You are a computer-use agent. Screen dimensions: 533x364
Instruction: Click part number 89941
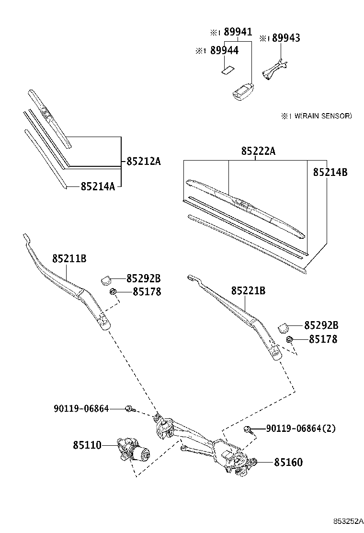[238, 32]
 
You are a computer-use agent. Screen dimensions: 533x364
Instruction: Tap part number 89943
[286, 38]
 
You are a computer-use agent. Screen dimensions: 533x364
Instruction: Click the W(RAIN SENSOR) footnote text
[320, 116]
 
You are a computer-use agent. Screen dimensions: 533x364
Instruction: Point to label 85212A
[143, 162]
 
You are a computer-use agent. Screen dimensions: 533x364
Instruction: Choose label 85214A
[98, 186]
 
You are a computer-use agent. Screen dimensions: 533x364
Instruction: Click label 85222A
[258, 151]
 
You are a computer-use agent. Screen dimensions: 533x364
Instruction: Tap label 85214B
[330, 172]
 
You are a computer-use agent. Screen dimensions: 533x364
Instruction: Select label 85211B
[69, 258]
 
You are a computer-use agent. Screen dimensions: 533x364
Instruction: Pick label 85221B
[248, 290]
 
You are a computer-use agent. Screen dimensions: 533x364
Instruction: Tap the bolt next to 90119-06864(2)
[249, 429]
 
